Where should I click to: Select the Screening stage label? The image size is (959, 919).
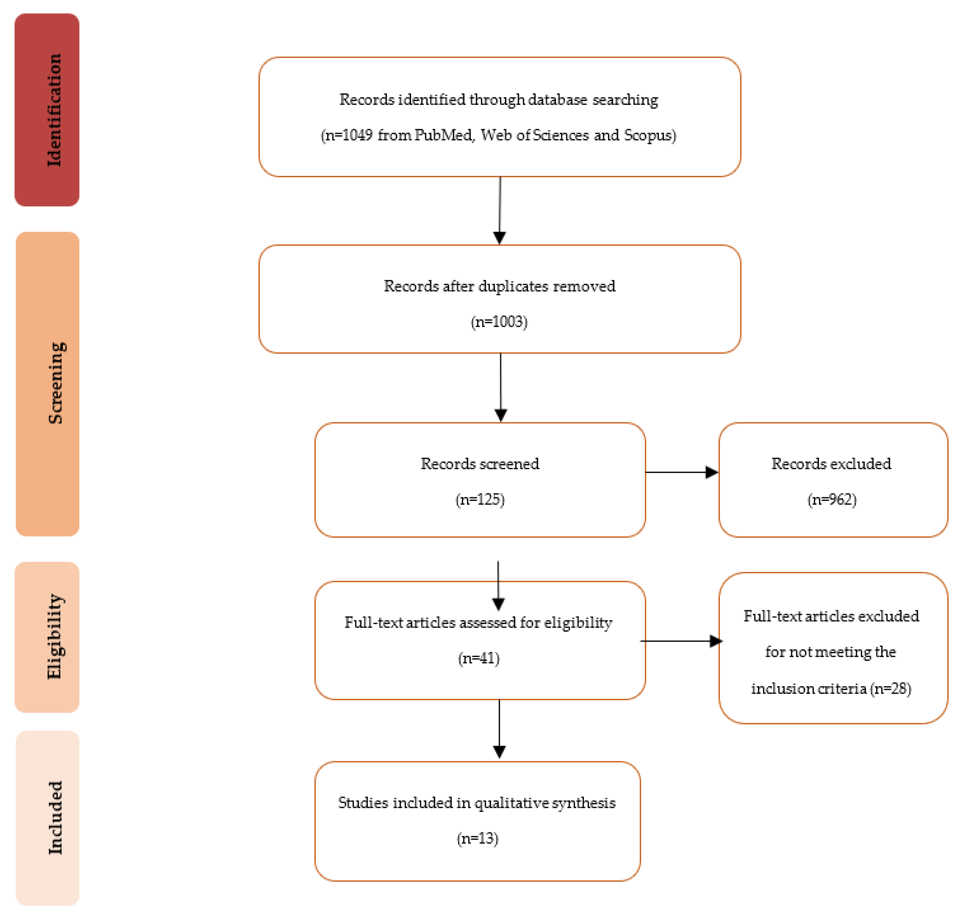click(48, 383)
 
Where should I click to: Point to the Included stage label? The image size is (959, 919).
click(48, 817)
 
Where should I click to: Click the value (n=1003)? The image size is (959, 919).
click(499, 322)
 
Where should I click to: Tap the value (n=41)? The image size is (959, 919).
click(478, 658)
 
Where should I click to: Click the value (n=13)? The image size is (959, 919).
click(478, 838)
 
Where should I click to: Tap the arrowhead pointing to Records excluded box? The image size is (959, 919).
click(712, 472)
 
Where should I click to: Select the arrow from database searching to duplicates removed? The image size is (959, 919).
click(500, 210)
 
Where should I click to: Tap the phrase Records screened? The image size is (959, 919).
click(480, 463)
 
